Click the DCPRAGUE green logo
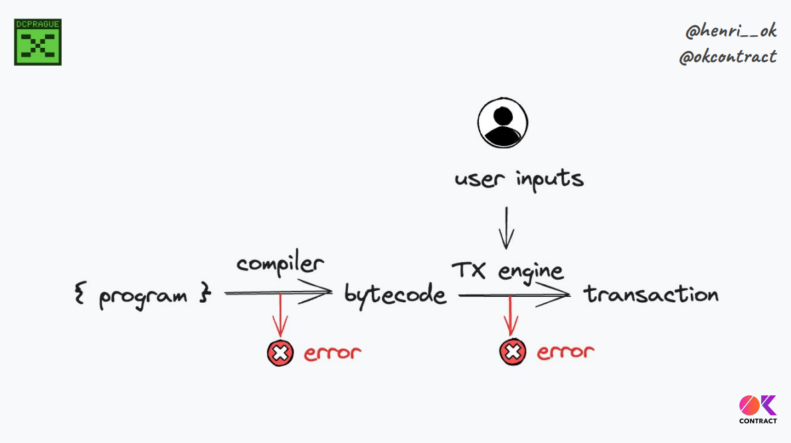coord(38,42)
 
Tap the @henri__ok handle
coord(731,31)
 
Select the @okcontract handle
coord(728,57)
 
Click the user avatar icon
coord(503,123)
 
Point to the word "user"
coord(477,179)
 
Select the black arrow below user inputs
coord(506,228)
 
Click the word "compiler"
coord(280,264)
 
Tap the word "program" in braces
coord(143,295)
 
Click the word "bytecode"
coord(395,294)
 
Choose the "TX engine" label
coord(507,270)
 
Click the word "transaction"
coord(651,294)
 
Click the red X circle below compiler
coord(280,353)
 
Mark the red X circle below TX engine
coord(512,352)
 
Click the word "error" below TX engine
coord(565,352)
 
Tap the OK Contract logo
coord(758,409)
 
